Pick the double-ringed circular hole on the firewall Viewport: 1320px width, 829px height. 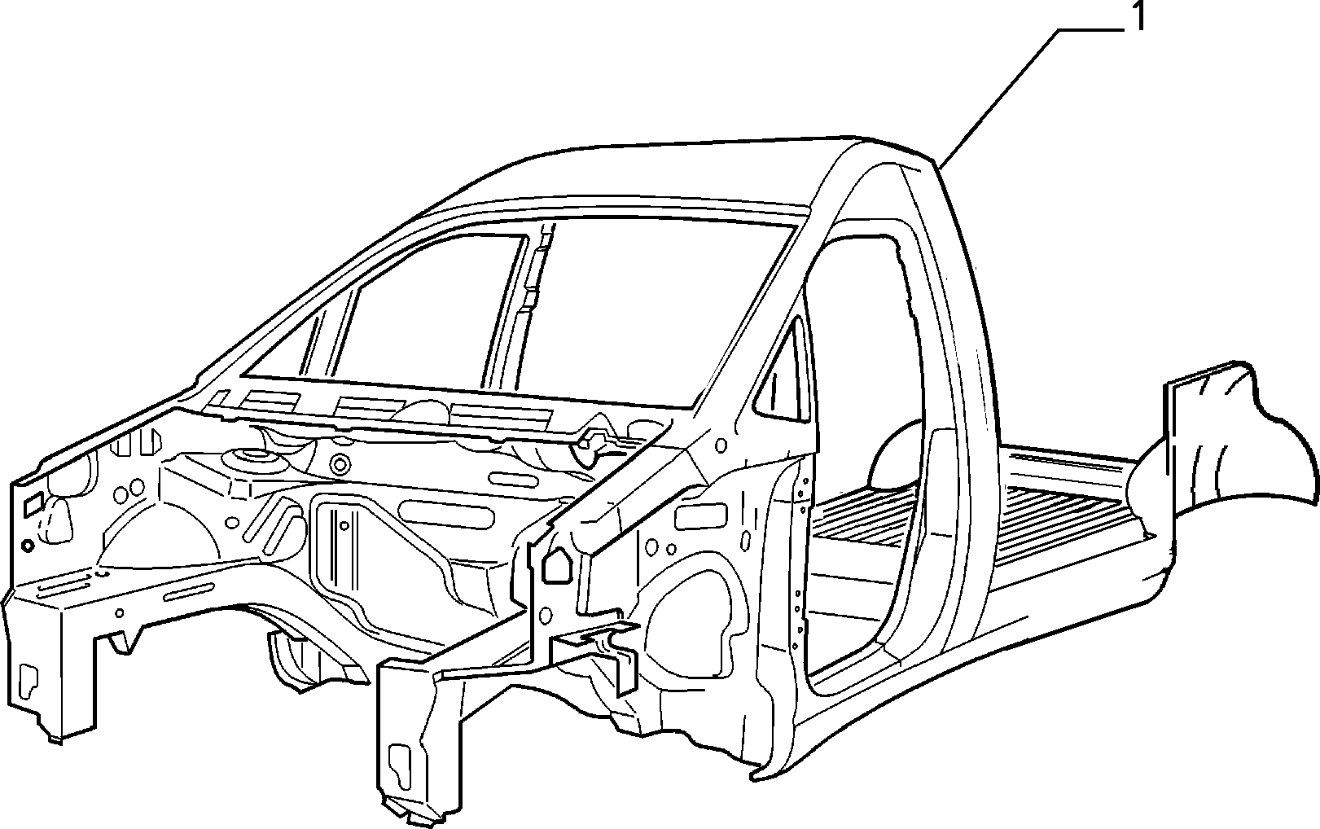point(340,465)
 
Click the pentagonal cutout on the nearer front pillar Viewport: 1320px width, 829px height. point(556,566)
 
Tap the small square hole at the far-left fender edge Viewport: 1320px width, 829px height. point(33,504)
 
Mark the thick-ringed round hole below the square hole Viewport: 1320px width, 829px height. point(27,545)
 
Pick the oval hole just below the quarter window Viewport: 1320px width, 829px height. point(720,445)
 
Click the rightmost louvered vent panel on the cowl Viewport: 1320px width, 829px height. point(501,414)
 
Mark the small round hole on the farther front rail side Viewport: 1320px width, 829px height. point(120,612)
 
